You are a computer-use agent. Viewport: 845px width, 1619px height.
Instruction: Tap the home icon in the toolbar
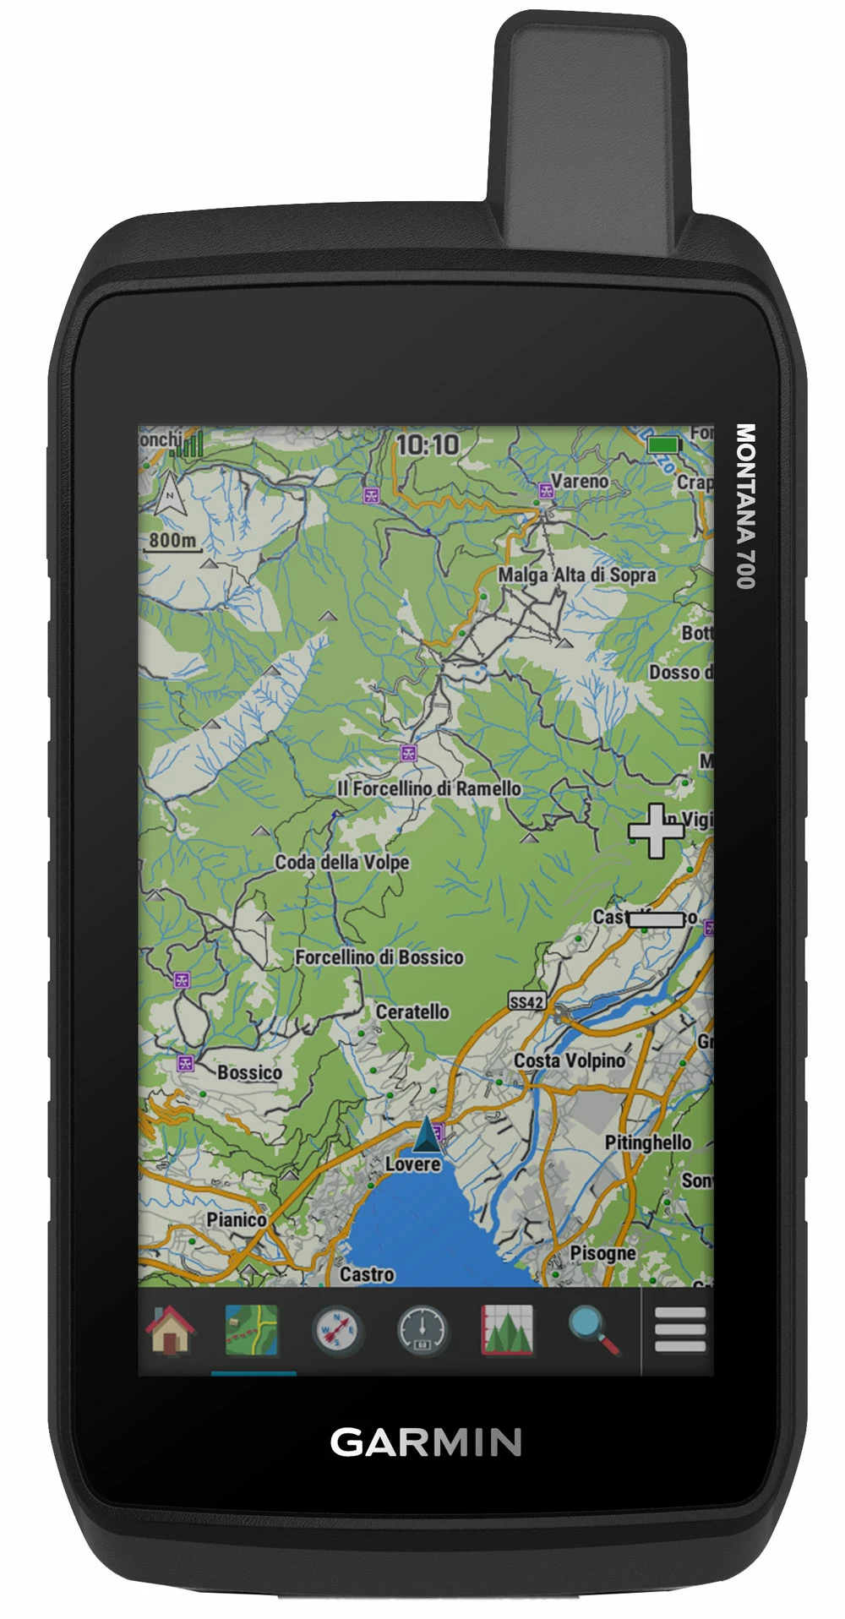click(x=171, y=1330)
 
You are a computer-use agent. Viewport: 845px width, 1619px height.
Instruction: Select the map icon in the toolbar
click(x=251, y=1330)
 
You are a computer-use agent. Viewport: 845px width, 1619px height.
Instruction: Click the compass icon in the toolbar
click(x=336, y=1330)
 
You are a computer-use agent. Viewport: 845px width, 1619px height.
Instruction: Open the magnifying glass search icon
click(x=594, y=1330)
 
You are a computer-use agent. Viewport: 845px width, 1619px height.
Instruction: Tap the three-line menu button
click(x=679, y=1330)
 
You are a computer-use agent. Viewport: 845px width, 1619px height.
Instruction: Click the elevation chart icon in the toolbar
click(x=507, y=1330)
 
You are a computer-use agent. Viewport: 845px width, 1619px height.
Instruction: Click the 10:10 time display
click(x=428, y=445)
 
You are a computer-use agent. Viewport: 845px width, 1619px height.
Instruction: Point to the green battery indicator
click(x=664, y=444)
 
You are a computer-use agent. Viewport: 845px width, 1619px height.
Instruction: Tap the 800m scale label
click(x=173, y=540)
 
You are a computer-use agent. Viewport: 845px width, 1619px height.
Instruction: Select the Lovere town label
click(x=412, y=1164)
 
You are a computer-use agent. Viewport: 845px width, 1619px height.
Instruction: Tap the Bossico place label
click(x=249, y=1072)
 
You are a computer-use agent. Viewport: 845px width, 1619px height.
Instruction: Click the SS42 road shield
click(x=526, y=1002)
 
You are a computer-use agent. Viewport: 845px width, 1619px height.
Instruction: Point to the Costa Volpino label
click(x=570, y=1060)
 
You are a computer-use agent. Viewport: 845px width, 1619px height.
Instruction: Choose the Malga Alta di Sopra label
click(x=576, y=575)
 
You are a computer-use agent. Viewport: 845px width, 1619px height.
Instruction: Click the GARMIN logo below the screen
click(x=425, y=1442)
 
